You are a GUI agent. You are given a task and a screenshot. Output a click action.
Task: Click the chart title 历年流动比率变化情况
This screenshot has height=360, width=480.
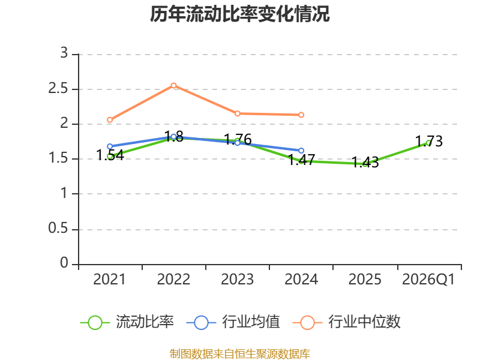(239, 14)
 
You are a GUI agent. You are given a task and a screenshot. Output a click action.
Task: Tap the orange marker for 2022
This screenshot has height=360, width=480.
(173, 85)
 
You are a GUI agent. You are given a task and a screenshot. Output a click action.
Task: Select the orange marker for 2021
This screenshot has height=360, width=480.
(110, 119)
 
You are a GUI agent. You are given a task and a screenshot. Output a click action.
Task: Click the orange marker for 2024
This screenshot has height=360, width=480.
(301, 115)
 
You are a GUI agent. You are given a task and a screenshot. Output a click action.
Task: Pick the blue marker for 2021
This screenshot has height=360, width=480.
(110, 146)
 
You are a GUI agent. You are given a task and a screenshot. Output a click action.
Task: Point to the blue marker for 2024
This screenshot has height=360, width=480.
(301, 151)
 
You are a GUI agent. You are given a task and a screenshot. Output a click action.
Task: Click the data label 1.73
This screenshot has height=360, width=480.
(429, 141)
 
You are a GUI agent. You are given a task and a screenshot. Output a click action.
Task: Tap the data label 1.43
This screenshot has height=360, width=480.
(365, 162)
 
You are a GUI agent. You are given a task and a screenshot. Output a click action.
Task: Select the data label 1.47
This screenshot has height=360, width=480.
(302, 160)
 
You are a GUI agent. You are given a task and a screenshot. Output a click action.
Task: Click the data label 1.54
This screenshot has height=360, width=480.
(110, 155)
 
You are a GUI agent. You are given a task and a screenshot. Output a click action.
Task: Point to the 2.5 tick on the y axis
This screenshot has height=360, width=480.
(58, 89)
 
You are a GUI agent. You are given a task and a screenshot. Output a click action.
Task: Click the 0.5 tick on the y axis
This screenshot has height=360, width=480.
(58, 229)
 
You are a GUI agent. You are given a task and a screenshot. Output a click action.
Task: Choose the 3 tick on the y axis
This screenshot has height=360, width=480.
(64, 53)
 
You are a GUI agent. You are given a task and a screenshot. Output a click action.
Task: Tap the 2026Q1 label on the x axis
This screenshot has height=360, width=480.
(428, 279)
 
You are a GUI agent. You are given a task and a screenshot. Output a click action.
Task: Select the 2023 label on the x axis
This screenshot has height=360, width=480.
(237, 279)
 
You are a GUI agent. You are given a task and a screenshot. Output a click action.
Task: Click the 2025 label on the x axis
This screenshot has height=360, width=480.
(365, 279)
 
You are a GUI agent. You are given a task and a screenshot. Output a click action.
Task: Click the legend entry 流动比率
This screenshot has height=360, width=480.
(127, 322)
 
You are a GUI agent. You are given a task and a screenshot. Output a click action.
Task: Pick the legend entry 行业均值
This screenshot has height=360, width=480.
(233, 322)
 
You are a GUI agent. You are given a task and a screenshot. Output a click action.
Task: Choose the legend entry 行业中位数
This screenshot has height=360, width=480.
(347, 322)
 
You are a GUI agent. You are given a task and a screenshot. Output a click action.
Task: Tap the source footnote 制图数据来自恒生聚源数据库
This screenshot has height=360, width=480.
(240, 354)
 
